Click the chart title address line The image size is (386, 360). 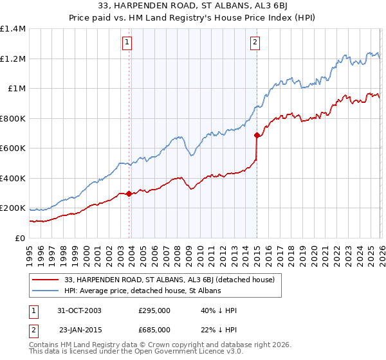[x=193, y=5]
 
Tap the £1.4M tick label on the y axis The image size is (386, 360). [x=13, y=29]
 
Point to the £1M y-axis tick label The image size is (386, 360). [x=17, y=89]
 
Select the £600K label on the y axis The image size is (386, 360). [x=13, y=148]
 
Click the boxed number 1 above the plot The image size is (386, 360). [x=127, y=43]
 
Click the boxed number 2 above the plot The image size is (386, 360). [x=255, y=43]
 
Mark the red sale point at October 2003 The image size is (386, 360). [x=129, y=194]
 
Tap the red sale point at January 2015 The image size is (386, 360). [x=257, y=136]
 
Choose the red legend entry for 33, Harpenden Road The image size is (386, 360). [x=170, y=280]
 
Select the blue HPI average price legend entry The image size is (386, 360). [x=143, y=291]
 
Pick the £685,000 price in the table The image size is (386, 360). [x=154, y=329]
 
